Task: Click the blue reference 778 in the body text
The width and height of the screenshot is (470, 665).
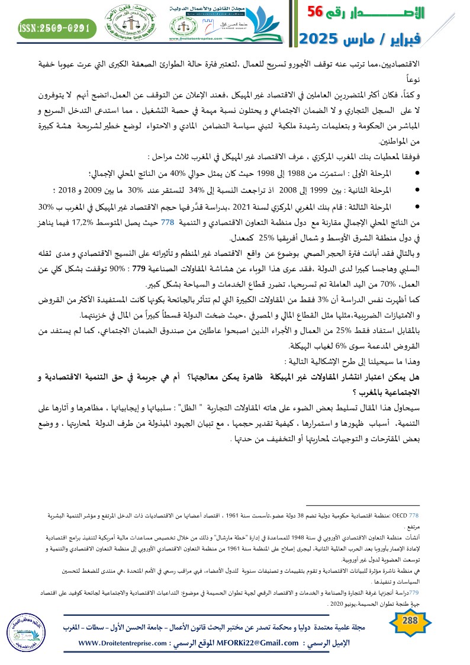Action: tap(168, 223)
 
